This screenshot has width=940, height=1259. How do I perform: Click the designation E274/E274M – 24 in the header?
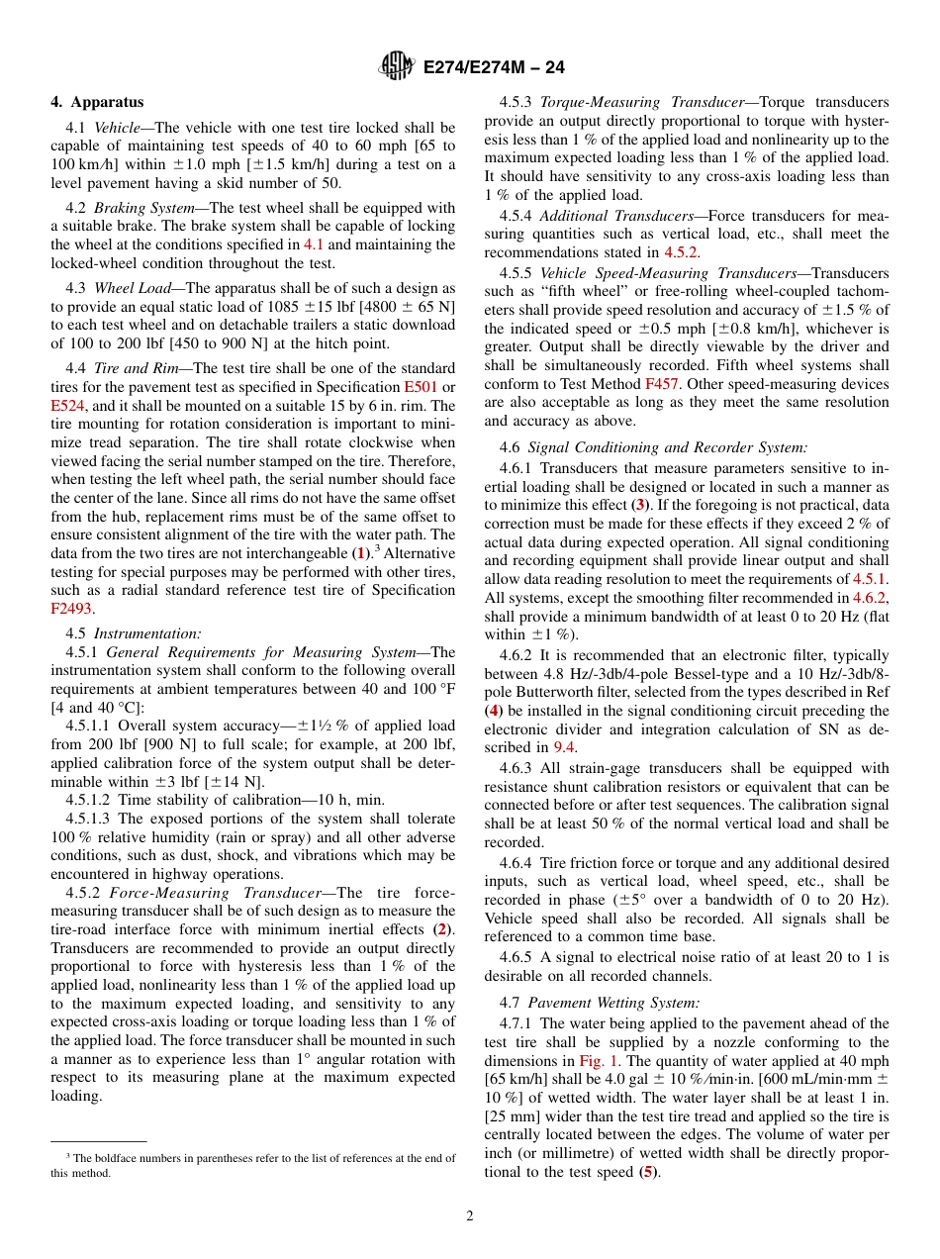tap(494, 68)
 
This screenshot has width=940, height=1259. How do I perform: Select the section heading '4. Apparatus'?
tap(97, 102)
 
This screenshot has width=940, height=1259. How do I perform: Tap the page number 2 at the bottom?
tap(470, 1215)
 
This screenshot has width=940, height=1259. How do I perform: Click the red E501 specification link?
tap(421, 386)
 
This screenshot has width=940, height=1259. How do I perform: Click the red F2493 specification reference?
tap(70, 609)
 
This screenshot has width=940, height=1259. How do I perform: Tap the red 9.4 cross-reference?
tap(564, 747)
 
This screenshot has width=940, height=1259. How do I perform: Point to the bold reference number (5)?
tap(648, 1172)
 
